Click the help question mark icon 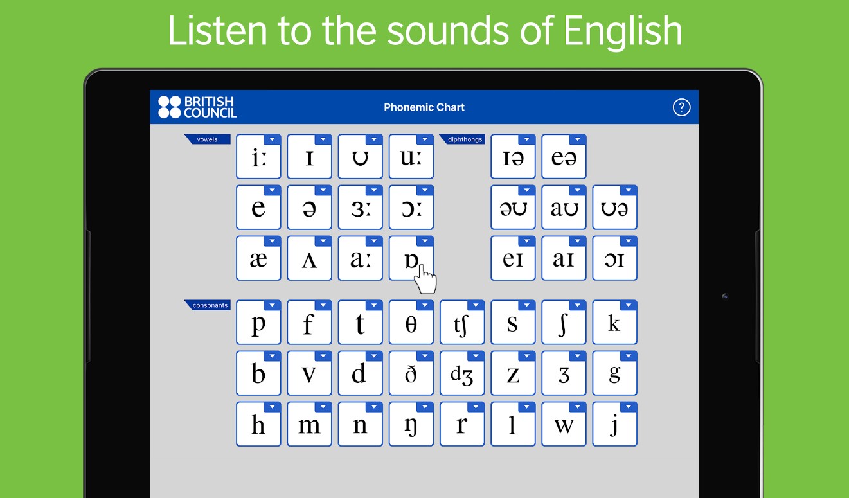click(681, 108)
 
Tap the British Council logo click(197, 107)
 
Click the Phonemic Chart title click(424, 107)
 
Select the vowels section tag click(208, 139)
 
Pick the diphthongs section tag click(462, 139)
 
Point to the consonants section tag click(208, 305)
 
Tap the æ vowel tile click(258, 258)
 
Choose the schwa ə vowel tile click(309, 208)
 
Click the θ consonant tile click(411, 322)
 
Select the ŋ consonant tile click(411, 424)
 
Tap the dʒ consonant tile click(462, 373)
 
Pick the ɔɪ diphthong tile click(615, 258)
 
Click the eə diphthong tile click(564, 156)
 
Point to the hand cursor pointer click(425, 280)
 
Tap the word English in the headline click(623, 31)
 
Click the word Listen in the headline click(217, 30)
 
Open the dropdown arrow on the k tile click(629, 305)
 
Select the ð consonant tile click(411, 373)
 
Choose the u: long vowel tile click(411, 156)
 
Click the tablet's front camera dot click(725, 296)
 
